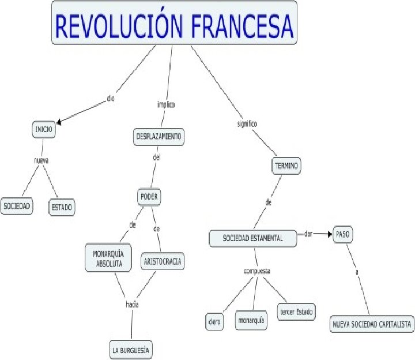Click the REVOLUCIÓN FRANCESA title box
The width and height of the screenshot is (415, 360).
[174, 23]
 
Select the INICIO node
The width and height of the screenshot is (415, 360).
[44, 130]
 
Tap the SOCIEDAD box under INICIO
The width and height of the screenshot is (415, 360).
[17, 206]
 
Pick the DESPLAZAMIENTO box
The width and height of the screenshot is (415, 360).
[159, 137]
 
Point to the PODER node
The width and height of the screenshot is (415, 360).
[149, 197]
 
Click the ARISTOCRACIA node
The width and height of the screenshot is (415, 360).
[163, 262]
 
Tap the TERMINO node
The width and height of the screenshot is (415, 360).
[286, 166]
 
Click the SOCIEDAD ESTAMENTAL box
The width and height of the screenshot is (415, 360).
[254, 238]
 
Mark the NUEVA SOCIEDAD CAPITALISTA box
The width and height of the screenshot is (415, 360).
[372, 325]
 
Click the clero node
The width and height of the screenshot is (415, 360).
[214, 321]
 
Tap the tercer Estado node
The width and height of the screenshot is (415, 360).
[296, 312]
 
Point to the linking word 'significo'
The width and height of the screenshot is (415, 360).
[247, 123]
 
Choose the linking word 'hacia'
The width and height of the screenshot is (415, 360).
[133, 304]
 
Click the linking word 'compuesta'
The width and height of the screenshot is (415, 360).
[257, 270]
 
